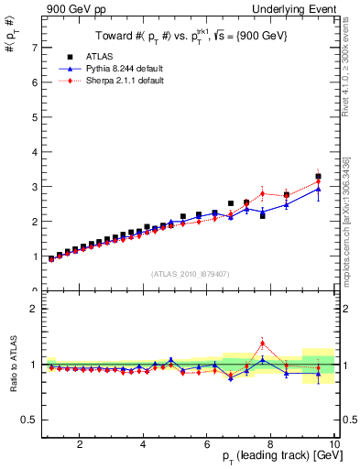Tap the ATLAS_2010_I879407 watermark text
[x=191, y=273]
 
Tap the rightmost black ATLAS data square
[x=318, y=176]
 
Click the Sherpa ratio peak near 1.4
[x=262, y=344]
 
